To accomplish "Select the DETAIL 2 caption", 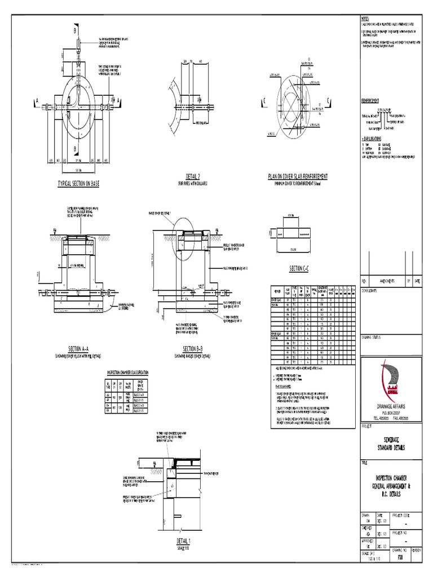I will point(193,177).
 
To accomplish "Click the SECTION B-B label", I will point(193,349).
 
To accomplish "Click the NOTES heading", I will point(366,19).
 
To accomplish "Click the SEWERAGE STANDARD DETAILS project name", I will point(391,443).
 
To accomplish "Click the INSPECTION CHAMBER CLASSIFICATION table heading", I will point(127,372).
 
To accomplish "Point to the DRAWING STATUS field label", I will point(372,336).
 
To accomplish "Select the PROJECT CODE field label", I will point(401,514).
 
